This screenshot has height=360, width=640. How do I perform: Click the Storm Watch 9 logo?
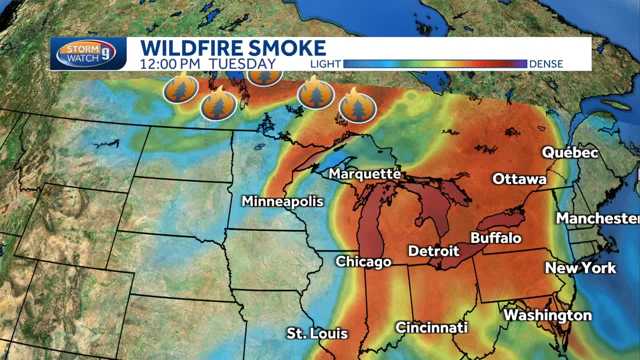click(x=86, y=53)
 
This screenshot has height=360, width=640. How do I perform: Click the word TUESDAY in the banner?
click(x=242, y=64)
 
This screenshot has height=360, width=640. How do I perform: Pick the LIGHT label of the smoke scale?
click(x=325, y=64)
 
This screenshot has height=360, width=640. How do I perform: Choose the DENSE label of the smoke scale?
click(x=546, y=64)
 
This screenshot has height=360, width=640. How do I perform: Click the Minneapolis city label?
click(x=282, y=201)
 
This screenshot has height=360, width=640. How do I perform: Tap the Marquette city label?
click(x=364, y=174)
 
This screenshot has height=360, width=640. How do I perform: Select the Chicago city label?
click(x=363, y=261)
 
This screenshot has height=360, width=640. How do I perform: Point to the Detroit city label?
click(x=433, y=250)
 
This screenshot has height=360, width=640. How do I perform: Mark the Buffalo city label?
click(x=496, y=237)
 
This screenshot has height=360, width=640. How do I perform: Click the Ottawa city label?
click(x=519, y=178)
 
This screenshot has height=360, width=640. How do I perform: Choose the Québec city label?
click(x=570, y=152)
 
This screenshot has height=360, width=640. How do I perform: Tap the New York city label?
click(x=580, y=268)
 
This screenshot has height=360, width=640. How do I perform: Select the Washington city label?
click(x=547, y=315)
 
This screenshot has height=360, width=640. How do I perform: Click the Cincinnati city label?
click(x=431, y=327)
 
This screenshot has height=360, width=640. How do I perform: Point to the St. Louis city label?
click(x=317, y=333)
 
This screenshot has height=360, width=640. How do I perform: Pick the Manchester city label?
click(x=598, y=218)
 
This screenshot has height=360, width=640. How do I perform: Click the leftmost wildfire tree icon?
click(x=180, y=88)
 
